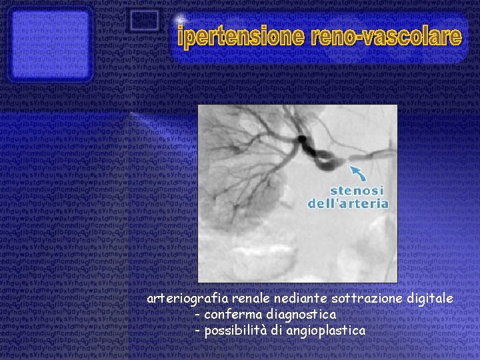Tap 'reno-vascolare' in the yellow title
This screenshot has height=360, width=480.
[x=387, y=37]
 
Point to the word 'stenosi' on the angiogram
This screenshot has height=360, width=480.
[x=346, y=189]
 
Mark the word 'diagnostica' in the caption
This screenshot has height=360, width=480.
[x=299, y=314]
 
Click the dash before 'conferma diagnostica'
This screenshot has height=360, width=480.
[x=198, y=314]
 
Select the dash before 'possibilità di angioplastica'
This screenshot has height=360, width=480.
[x=198, y=331]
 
